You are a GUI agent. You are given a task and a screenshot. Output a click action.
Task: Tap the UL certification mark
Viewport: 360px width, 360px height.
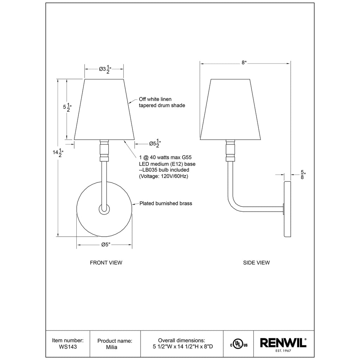pos(239,345)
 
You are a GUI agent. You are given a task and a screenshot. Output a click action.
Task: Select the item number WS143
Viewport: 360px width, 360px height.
pos(68,347)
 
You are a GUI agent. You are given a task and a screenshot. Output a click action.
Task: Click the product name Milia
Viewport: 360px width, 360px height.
pos(111,347)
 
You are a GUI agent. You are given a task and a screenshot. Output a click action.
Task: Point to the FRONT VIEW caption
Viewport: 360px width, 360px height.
pos(106,263)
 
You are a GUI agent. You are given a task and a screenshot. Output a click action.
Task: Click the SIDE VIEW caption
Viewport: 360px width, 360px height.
pos(256,263)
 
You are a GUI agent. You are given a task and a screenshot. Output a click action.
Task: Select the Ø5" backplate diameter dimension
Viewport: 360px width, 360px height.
pos(106,245)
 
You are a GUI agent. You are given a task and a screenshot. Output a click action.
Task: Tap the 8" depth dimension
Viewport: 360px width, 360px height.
pos(244,63)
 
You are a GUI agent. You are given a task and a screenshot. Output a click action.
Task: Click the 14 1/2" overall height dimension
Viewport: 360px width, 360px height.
pos(58,153)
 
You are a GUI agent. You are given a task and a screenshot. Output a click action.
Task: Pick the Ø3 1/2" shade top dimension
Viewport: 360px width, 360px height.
pos(105,69)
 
